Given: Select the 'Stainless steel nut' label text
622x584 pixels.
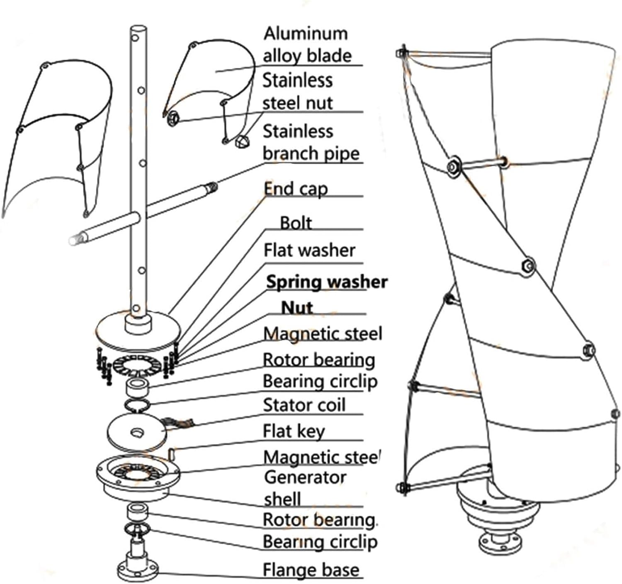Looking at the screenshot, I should click(297, 91).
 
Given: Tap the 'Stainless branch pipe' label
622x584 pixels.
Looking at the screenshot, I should click(311, 142).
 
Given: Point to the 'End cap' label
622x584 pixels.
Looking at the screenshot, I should click(296, 189).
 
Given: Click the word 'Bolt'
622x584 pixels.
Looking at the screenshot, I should click(296, 223).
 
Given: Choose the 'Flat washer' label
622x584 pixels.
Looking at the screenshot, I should click(309, 251).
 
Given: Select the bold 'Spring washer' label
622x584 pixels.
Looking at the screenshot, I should click(326, 282).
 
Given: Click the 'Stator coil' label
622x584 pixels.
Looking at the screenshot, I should click(304, 405).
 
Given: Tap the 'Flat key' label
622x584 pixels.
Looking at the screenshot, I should click(294, 431).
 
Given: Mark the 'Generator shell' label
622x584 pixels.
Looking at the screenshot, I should click(305, 488).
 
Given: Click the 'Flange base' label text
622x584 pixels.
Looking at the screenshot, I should click(311, 569).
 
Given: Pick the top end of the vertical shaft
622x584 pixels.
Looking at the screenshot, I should click(137, 30).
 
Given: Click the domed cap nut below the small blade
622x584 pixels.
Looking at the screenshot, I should click(242, 142).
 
